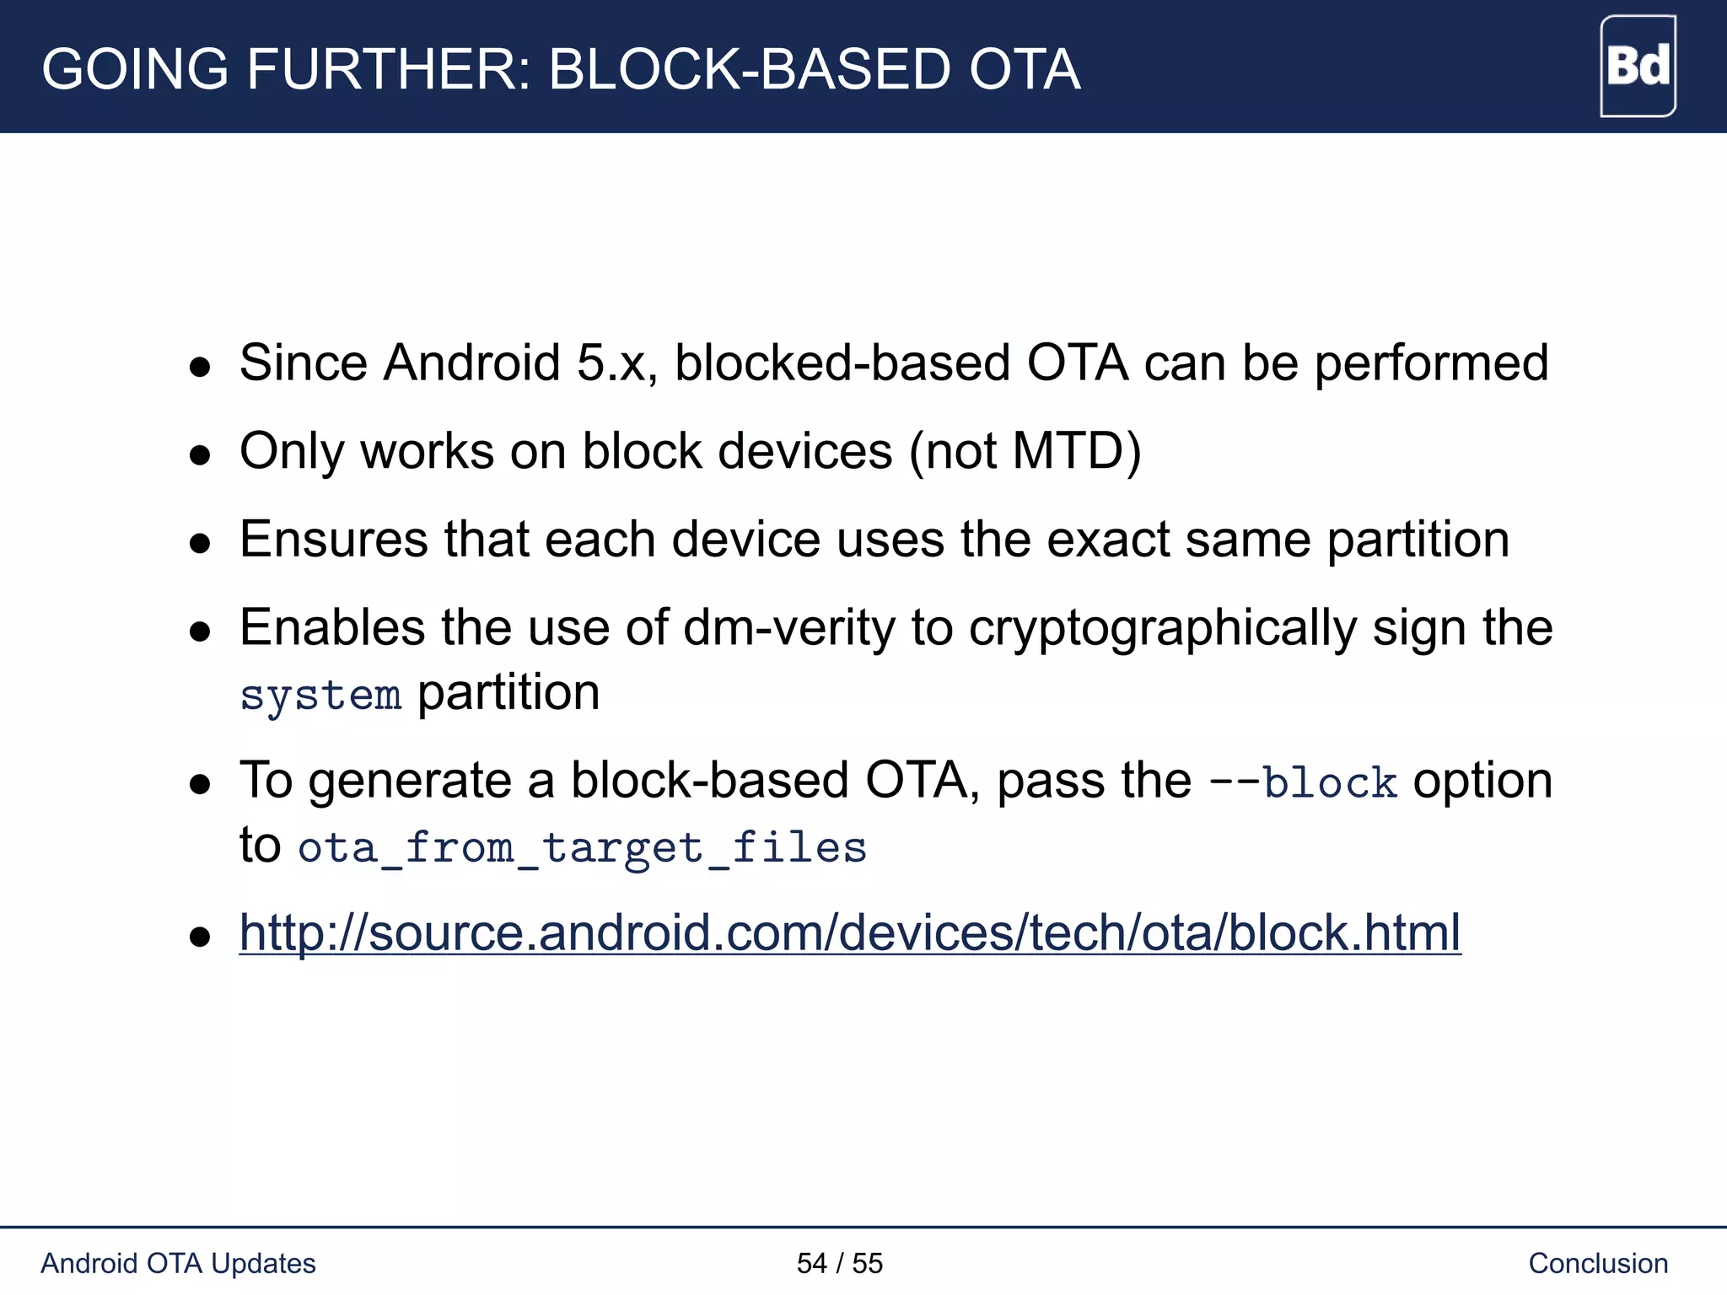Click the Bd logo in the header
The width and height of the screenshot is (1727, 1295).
coord(1638,67)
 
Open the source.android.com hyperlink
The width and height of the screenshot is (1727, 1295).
coord(849,933)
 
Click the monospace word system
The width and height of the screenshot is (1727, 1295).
coord(320,696)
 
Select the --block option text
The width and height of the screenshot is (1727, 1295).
coord(1303,782)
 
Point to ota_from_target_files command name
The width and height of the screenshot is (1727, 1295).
coord(582,848)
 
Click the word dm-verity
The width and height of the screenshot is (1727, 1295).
coord(788,628)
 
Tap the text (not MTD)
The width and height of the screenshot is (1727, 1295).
coord(1025,452)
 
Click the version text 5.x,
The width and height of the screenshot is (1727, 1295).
coord(616,363)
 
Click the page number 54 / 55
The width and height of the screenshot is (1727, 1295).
coord(839,1263)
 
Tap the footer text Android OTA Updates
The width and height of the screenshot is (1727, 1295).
coord(178,1263)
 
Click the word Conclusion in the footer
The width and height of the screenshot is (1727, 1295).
coord(1598,1263)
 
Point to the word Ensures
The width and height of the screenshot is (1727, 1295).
coord(333,540)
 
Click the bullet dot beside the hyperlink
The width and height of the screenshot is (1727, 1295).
coord(200,937)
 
